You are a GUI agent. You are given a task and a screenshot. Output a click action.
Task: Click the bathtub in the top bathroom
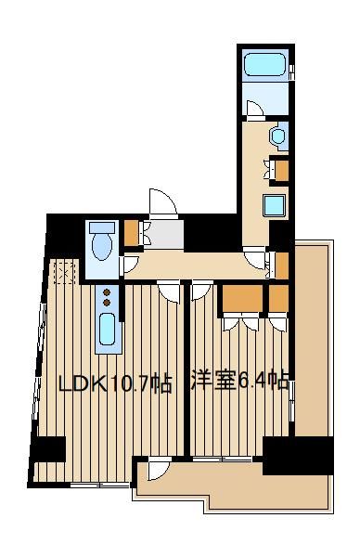(x=265, y=65)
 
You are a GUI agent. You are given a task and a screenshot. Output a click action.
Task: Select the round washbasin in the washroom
(x=277, y=136)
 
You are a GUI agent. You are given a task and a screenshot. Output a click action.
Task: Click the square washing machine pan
(x=274, y=206)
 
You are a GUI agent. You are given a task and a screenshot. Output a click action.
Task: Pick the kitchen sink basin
(x=107, y=330)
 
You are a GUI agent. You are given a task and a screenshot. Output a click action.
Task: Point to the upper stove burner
(x=107, y=292)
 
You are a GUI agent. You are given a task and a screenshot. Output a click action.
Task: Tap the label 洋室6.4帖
(x=239, y=381)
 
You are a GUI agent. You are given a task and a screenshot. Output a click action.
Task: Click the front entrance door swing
(x=162, y=203)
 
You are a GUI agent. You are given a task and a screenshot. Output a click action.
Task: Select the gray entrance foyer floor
(x=166, y=235)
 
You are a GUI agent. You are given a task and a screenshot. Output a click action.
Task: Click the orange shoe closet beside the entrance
(x=131, y=233)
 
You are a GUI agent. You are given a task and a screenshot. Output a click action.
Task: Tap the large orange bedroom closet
(x=242, y=299)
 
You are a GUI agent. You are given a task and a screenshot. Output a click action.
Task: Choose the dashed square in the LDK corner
(x=66, y=272)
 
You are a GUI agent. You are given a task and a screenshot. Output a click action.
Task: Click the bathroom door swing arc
(x=254, y=108)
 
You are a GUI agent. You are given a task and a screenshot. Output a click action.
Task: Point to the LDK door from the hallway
(x=170, y=291)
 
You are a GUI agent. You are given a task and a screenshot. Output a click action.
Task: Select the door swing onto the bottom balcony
(x=160, y=468)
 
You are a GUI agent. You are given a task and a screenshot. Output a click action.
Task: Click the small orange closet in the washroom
(x=281, y=171)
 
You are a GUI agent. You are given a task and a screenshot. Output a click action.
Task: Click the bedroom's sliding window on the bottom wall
(x=223, y=459)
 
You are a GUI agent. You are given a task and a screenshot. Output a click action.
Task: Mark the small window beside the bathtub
(x=291, y=72)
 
